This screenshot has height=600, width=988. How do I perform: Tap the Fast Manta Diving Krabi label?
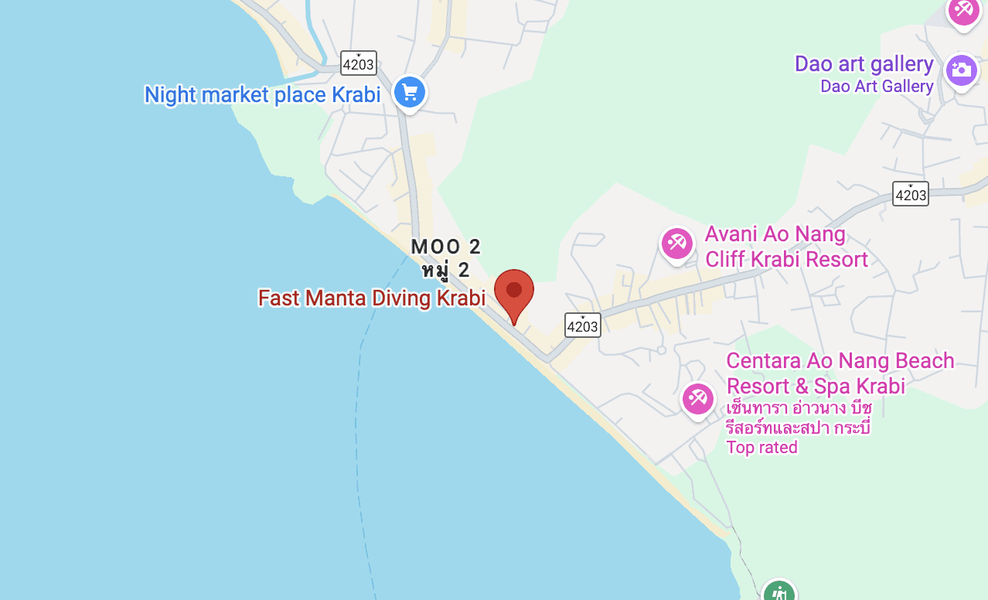coord(371,298)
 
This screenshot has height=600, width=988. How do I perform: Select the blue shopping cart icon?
coord(409,93)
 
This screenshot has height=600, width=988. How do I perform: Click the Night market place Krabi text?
coord(262,94)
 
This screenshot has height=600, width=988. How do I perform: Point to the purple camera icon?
coord(961,70)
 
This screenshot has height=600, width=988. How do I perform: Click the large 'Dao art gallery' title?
coord(864,63)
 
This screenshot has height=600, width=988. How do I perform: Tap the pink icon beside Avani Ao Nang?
coord(676,243)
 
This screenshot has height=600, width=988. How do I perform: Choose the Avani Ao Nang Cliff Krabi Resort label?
coord(786,246)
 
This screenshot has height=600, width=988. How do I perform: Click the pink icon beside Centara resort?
coord(697,399)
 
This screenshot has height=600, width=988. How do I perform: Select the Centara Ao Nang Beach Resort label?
coord(840,373)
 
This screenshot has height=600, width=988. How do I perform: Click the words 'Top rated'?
coord(761,447)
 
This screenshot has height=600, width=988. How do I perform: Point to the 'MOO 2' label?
coord(445,247)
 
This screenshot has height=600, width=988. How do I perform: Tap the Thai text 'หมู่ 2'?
coord(445,270)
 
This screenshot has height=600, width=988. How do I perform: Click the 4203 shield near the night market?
coord(358,63)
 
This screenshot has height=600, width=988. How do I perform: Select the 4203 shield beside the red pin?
coord(582,326)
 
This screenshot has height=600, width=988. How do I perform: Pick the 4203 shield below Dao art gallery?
coord(910,194)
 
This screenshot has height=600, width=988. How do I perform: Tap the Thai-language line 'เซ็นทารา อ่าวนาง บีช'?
coord(799,407)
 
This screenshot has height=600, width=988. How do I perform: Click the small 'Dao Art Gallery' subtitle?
coord(876,86)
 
